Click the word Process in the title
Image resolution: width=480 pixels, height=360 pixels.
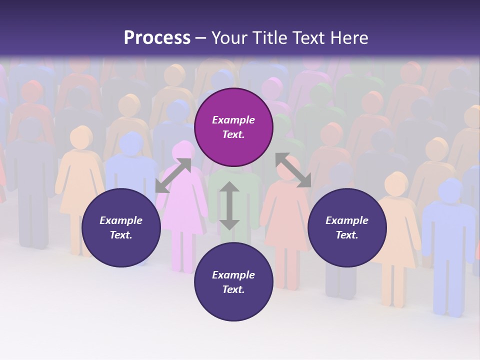pyautogui.click(x=157, y=38)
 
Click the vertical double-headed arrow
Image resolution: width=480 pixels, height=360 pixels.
pyautogui.click(x=229, y=205)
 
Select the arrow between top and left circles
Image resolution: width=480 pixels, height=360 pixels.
pyautogui.click(x=173, y=175)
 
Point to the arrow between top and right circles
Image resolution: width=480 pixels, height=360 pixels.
pyautogui.click(x=293, y=170)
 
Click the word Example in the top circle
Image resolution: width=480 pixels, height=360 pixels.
pyautogui.click(x=233, y=120)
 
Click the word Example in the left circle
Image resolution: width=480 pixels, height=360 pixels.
pyautogui.click(x=121, y=220)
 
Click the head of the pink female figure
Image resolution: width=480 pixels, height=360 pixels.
pyautogui.click(x=183, y=150)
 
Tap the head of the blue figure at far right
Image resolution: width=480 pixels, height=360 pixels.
pyautogui.click(x=450, y=190)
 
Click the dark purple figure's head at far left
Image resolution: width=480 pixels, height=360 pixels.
pyautogui.click(x=30, y=128)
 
